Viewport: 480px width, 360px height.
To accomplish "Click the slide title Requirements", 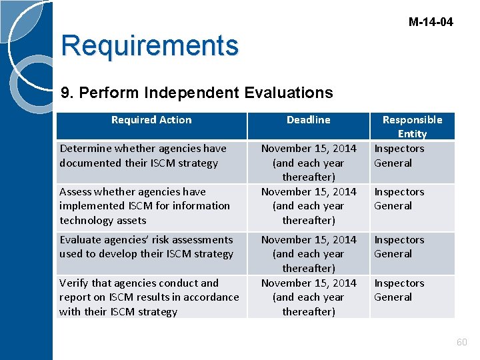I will pyautogui.click(x=149, y=46).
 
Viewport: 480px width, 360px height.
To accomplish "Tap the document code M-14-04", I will pyautogui.click(x=430, y=22).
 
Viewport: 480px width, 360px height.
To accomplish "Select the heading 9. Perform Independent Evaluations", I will pyautogui.click(x=197, y=92).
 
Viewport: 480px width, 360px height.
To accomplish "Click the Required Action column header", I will pyautogui.click(x=151, y=120).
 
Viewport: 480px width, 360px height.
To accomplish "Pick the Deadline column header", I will pyautogui.click(x=308, y=120).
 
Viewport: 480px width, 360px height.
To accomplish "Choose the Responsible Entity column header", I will pyautogui.click(x=412, y=127).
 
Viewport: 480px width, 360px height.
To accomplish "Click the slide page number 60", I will pyautogui.click(x=461, y=342).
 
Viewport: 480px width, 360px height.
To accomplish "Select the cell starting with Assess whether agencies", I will pyautogui.click(x=144, y=206).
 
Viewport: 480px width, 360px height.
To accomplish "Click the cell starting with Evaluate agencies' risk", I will pyautogui.click(x=146, y=247).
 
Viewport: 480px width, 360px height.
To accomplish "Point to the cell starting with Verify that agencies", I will pyautogui.click(x=149, y=297).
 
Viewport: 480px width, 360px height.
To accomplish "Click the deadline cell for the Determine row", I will pyautogui.click(x=308, y=163).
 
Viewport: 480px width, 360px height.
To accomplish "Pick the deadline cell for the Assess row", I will pyautogui.click(x=308, y=206).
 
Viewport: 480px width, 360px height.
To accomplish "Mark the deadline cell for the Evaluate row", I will pyautogui.click(x=308, y=253).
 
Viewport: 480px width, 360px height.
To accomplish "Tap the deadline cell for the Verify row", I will pyautogui.click(x=308, y=297).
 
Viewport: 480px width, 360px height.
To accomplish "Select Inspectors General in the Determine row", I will pyautogui.click(x=399, y=156).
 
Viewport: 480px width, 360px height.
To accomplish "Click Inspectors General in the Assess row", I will pyautogui.click(x=399, y=199).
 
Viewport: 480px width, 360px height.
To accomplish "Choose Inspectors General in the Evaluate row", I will pyautogui.click(x=399, y=247).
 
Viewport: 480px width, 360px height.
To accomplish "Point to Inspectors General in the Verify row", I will pyautogui.click(x=399, y=290).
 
